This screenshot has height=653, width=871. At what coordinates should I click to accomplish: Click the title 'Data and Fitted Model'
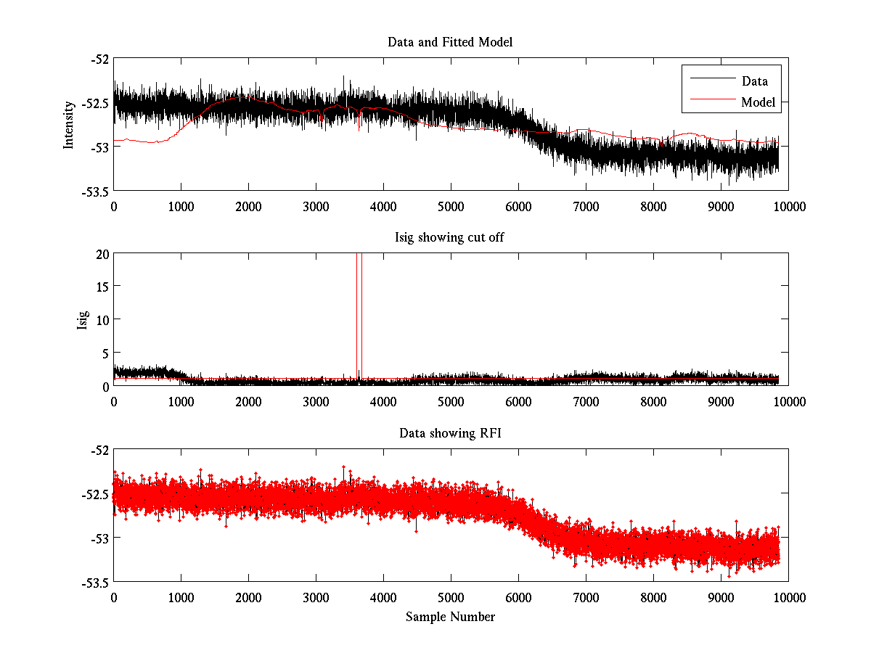click(x=450, y=42)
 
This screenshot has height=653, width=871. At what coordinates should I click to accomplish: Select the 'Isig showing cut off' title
click(x=450, y=238)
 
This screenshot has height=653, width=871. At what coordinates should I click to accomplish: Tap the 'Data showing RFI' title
click(x=450, y=433)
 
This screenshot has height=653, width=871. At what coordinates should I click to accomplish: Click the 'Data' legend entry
click(x=754, y=81)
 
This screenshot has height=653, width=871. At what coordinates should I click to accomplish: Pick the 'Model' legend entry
click(x=758, y=102)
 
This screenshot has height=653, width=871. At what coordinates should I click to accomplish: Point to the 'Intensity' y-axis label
click(x=69, y=124)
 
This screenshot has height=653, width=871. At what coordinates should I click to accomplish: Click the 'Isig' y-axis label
click(x=82, y=320)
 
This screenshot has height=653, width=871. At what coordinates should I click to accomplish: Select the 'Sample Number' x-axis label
click(x=450, y=617)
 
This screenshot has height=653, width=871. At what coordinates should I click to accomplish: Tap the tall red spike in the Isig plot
click(x=361, y=312)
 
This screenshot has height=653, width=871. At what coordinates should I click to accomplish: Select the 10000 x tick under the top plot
click(x=788, y=206)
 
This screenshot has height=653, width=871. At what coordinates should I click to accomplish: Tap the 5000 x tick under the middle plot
click(x=451, y=401)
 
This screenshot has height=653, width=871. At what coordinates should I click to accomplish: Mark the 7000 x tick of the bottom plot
click(x=586, y=596)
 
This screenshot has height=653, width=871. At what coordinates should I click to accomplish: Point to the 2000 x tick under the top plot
click(x=248, y=206)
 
